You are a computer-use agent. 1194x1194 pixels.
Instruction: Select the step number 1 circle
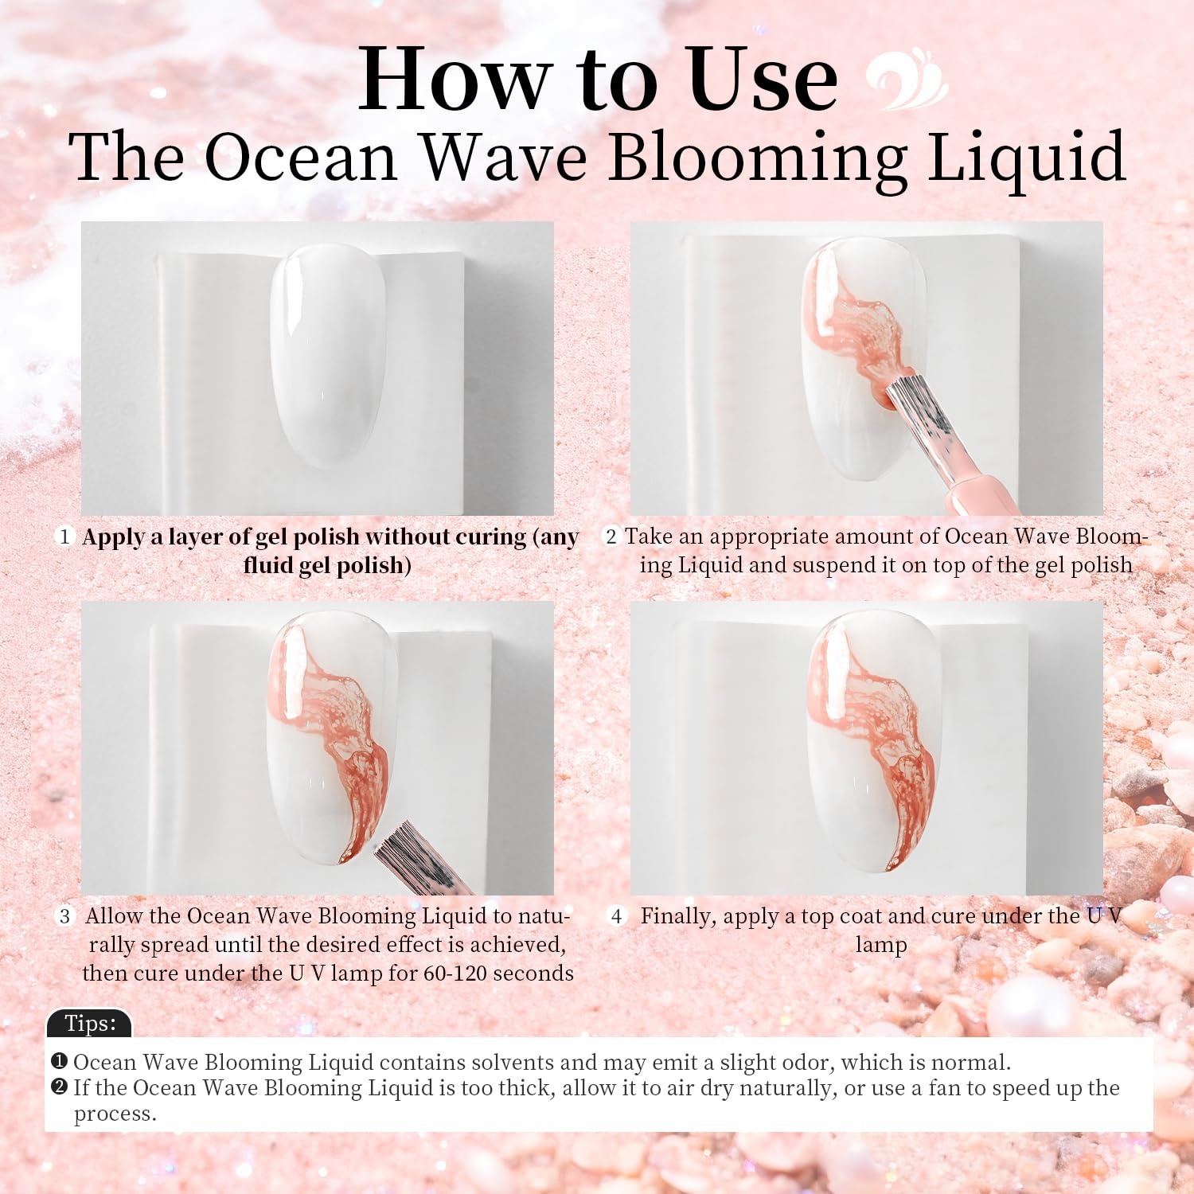(x=64, y=537)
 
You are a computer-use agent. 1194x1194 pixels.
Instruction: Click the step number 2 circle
(x=611, y=537)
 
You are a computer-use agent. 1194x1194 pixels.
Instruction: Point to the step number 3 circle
(x=64, y=916)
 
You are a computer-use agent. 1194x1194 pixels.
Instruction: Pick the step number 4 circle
(x=616, y=916)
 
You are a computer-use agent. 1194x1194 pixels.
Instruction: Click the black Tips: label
(x=89, y=1023)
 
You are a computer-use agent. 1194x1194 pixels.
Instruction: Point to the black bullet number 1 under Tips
(x=59, y=1062)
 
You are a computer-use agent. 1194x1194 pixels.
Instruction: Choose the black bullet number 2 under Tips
(x=59, y=1087)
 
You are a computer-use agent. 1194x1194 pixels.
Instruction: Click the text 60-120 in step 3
(x=451, y=974)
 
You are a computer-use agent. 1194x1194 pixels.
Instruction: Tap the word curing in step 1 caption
(x=490, y=537)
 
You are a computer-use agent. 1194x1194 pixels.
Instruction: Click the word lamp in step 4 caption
(x=881, y=946)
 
